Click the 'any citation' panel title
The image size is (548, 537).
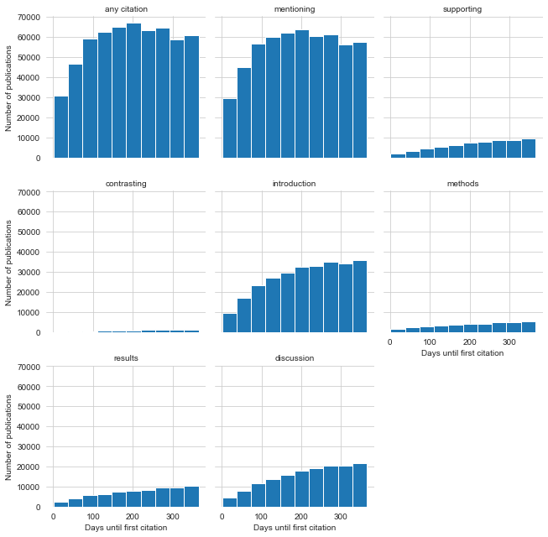[x=127, y=9]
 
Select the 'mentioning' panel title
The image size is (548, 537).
[x=295, y=9]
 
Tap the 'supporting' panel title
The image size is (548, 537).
[x=462, y=9]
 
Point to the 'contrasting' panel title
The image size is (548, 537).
[x=127, y=184]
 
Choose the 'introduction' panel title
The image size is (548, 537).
[x=295, y=184]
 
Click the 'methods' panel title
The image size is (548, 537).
[x=462, y=184]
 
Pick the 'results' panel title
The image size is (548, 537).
[x=127, y=358]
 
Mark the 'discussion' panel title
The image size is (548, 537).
[x=295, y=358]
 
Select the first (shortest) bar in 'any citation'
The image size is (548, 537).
[x=61, y=127]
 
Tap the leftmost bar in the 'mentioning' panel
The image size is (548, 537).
[x=229, y=128]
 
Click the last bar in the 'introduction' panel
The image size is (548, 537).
[x=360, y=297]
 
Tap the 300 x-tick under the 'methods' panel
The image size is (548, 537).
[x=509, y=343]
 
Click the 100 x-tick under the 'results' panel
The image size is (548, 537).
[x=93, y=518]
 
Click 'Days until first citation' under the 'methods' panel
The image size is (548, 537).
[x=462, y=353]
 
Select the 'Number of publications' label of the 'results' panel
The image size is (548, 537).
[x=9, y=436]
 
